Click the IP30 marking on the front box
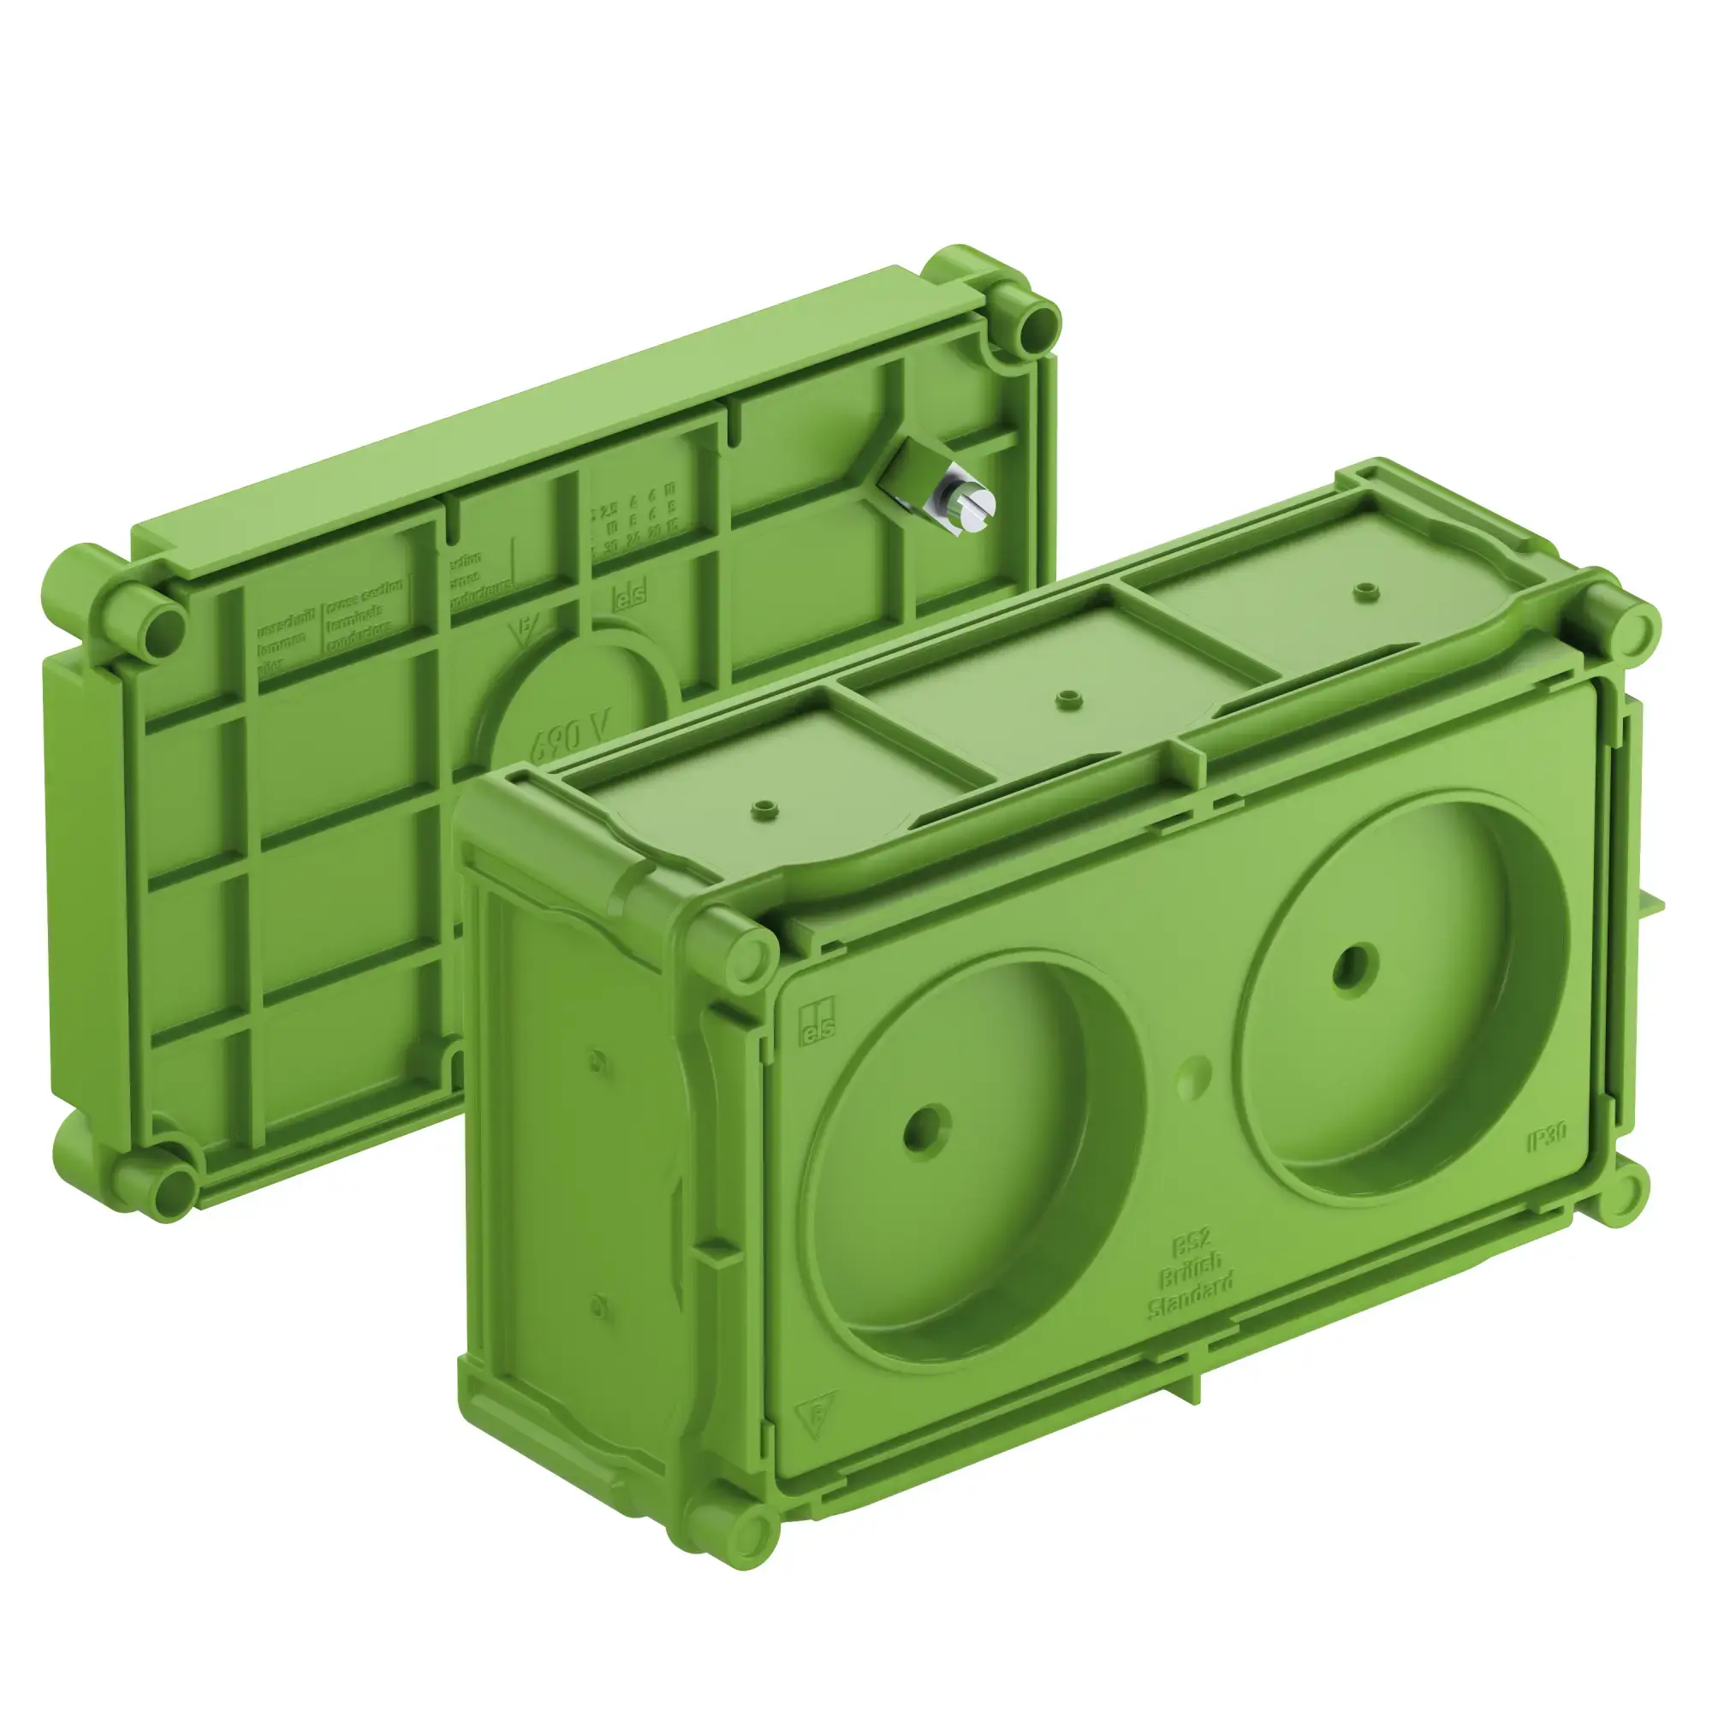tap(1547, 1136)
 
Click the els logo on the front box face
tap(816, 1024)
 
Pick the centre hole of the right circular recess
tap(1355, 970)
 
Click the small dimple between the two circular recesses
tap(1192, 1074)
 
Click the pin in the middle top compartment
tap(1068, 699)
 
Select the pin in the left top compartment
tap(762, 808)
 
